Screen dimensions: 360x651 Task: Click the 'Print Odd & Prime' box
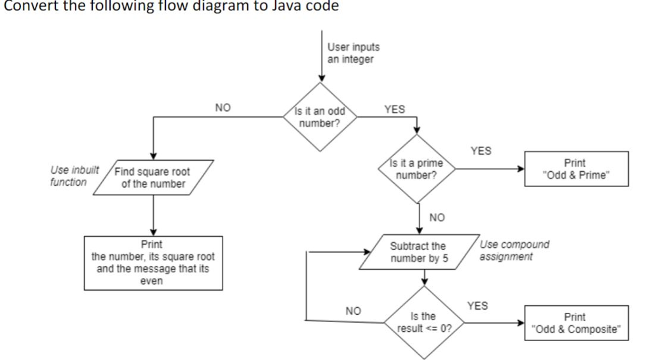pyautogui.click(x=575, y=169)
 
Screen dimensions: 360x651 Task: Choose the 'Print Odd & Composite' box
pyautogui.click(x=575, y=322)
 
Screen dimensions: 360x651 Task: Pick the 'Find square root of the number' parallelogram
pyautogui.click(x=153, y=177)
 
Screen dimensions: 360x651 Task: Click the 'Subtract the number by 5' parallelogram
pyautogui.click(x=418, y=252)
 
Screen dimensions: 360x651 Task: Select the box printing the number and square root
pyautogui.click(x=153, y=263)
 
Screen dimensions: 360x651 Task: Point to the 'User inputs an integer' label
pyautogui.click(x=353, y=53)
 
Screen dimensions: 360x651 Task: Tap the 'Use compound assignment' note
pyautogui.click(x=514, y=251)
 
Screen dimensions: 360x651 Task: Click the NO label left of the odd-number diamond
pyautogui.click(x=223, y=109)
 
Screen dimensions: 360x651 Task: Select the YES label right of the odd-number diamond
pyautogui.click(x=394, y=109)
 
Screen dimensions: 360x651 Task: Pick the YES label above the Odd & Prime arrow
pyautogui.click(x=481, y=151)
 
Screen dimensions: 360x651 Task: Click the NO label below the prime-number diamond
pyautogui.click(x=437, y=218)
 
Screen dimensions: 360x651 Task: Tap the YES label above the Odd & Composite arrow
pyautogui.click(x=477, y=306)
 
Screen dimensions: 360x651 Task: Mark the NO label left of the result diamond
pyautogui.click(x=353, y=311)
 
